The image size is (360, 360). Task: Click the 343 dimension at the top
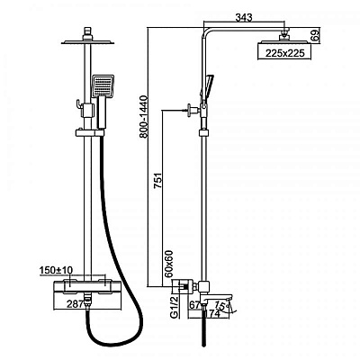pyautogui.click(x=244, y=17)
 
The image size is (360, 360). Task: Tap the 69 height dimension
pyautogui.click(x=315, y=36)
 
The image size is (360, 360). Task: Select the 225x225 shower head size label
pyautogui.click(x=285, y=53)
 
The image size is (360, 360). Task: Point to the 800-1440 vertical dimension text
pyautogui.click(x=144, y=116)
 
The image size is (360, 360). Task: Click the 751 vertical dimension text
pyautogui.click(x=157, y=180)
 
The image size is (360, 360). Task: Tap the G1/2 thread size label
pyautogui.click(x=174, y=307)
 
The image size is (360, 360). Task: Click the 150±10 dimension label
pyautogui.click(x=56, y=270)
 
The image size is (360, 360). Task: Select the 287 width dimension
pyautogui.click(x=75, y=304)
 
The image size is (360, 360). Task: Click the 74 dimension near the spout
pyautogui.click(x=215, y=313)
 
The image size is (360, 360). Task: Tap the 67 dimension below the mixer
pyautogui.click(x=194, y=305)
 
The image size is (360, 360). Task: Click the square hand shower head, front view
pyautogui.click(x=103, y=85)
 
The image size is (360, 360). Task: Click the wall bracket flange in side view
pyautogui.click(x=190, y=110)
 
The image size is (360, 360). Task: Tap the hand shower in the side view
pyautogui.click(x=207, y=86)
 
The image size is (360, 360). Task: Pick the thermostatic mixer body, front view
pyautogui.click(x=87, y=286)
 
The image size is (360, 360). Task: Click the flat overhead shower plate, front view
pyautogui.click(x=87, y=42)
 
